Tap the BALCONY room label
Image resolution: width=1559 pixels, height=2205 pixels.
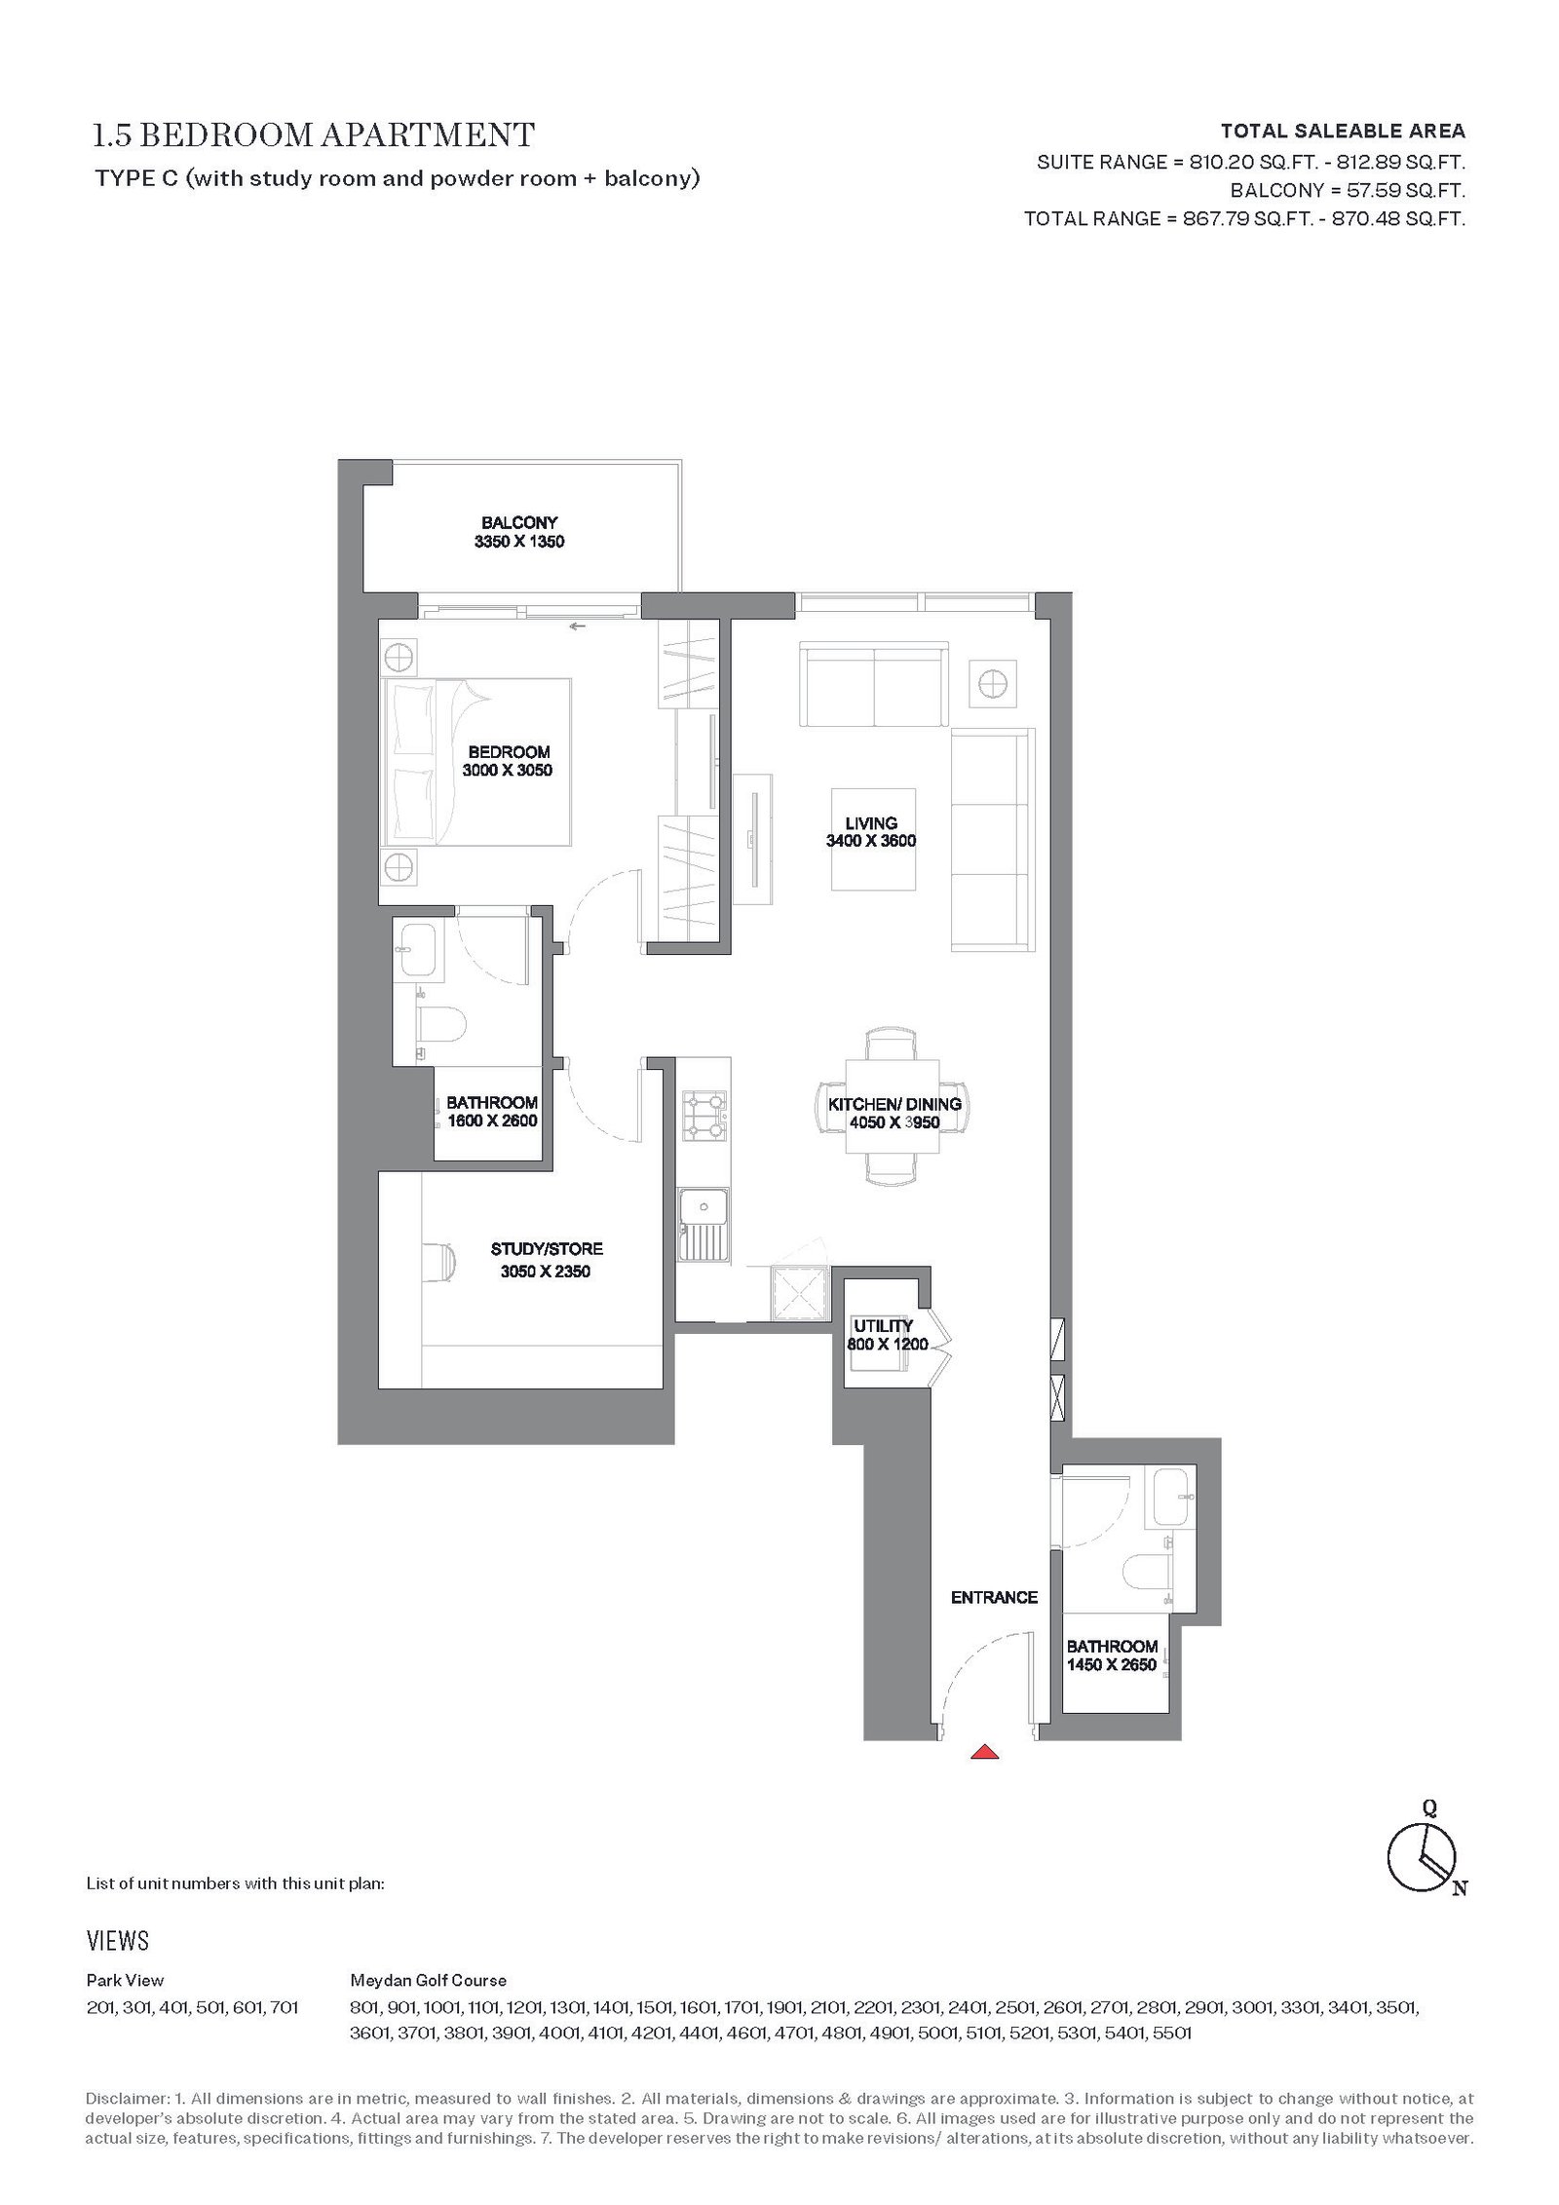[x=519, y=523]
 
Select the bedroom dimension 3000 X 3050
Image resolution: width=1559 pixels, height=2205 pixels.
[x=508, y=770]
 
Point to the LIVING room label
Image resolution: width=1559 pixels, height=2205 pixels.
[x=871, y=823]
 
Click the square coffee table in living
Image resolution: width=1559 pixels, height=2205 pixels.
[x=873, y=839]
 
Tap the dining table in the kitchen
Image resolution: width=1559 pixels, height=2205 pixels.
[x=894, y=1107]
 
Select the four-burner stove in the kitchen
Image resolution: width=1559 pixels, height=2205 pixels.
[x=704, y=1116]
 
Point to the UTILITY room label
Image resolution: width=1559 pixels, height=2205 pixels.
[x=884, y=1326]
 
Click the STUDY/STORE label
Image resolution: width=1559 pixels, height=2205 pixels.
[x=547, y=1249]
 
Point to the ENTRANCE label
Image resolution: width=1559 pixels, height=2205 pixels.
[x=995, y=1597]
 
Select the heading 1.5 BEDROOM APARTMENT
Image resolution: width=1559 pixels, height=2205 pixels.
[x=314, y=134]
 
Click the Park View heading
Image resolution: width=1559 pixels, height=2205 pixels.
[x=125, y=1980]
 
